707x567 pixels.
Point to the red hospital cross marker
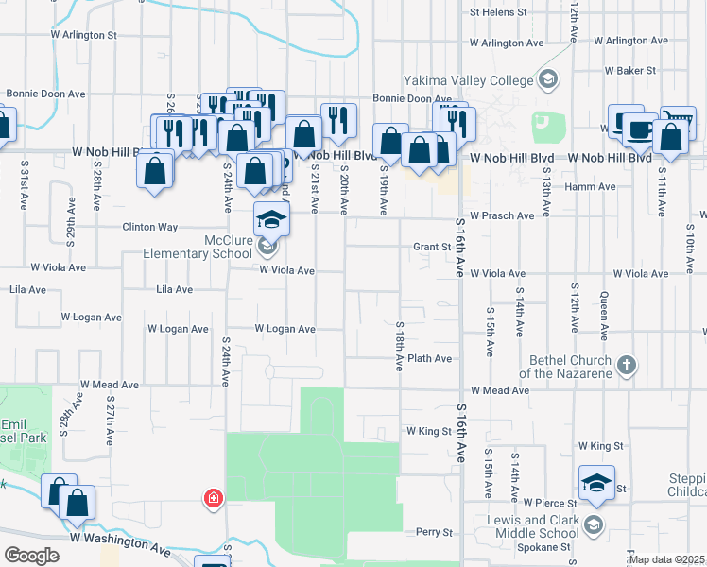pos(214,498)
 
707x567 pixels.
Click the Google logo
pos(31,556)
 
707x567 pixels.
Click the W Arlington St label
pos(83,35)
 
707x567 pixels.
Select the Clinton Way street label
pos(149,227)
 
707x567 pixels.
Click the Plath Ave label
pos(430,359)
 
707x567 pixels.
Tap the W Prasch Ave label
pos(501,215)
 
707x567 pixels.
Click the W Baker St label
pos(636,71)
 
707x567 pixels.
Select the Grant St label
pos(431,248)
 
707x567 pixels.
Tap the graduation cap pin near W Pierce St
pos(597,482)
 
